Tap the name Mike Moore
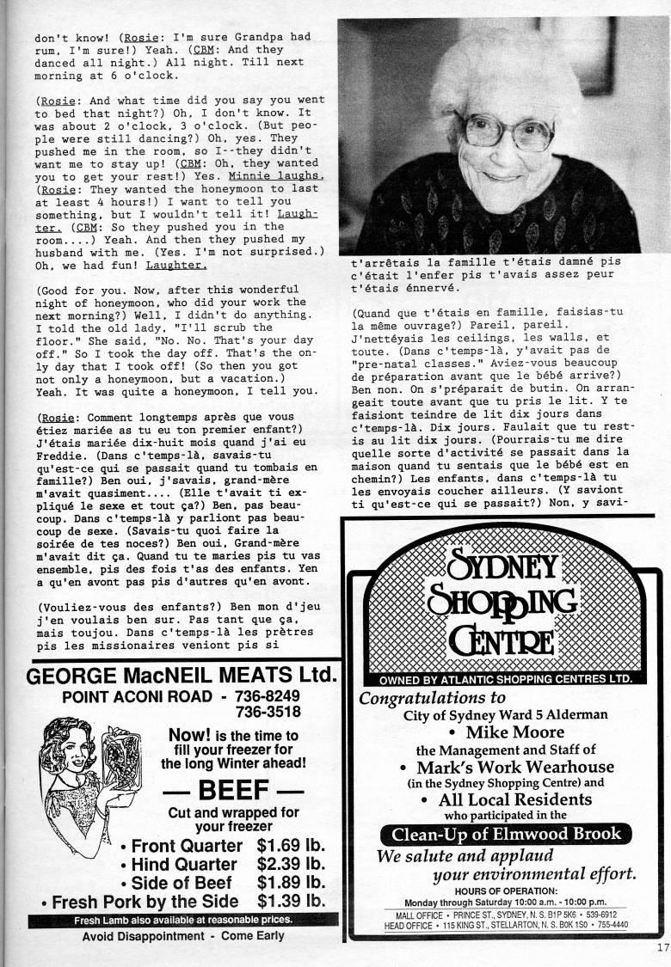point(514,732)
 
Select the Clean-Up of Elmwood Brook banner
point(505,834)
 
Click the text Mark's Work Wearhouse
point(514,767)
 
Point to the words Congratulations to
point(433,697)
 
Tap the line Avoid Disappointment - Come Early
point(183,936)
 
